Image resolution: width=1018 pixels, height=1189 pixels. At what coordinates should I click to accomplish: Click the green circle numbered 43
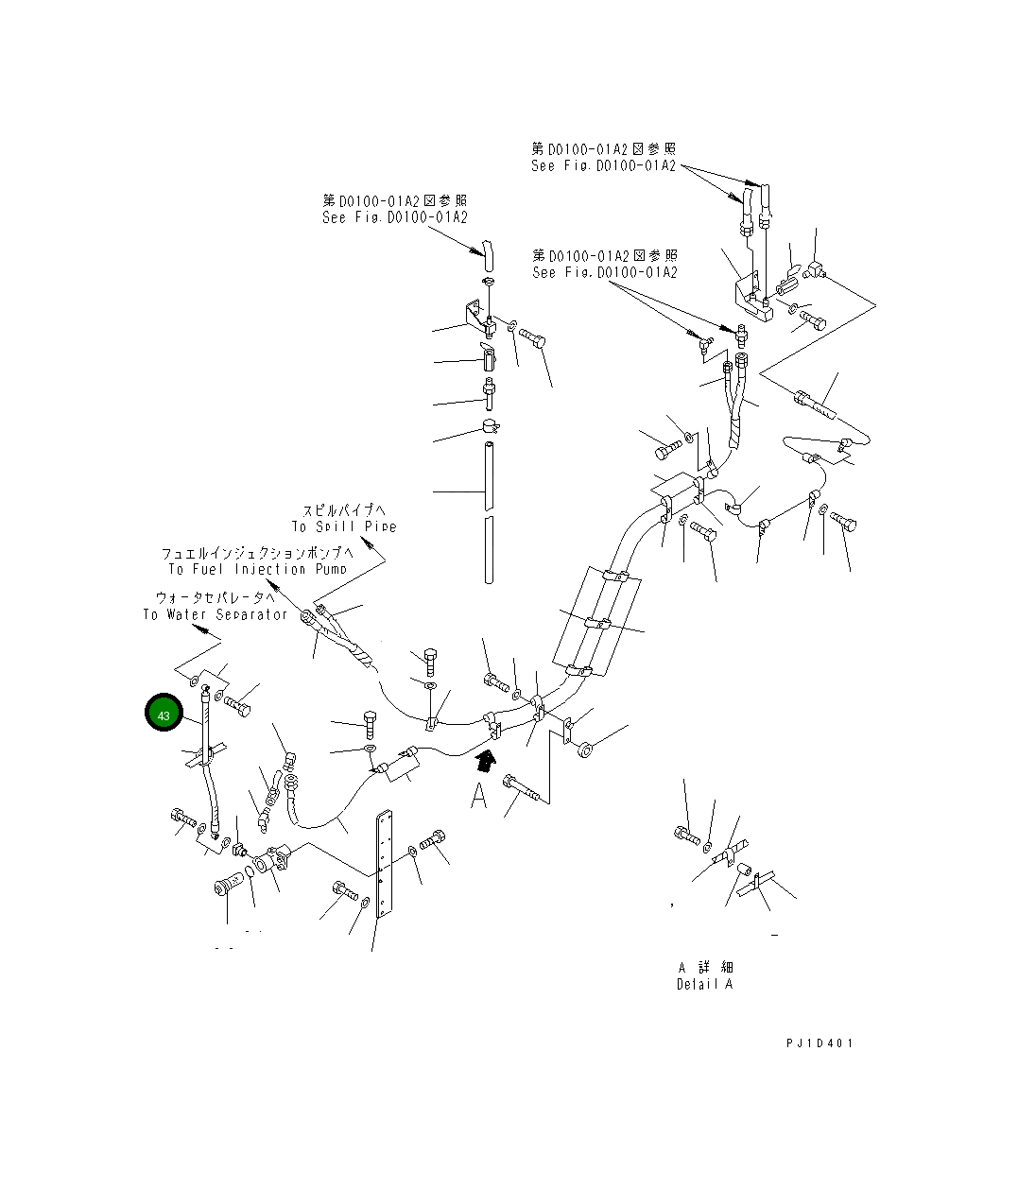(x=164, y=715)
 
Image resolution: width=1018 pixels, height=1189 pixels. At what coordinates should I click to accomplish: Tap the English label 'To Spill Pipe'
(x=344, y=526)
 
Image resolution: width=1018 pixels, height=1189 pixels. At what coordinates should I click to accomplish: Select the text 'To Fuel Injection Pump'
(x=258, y=569)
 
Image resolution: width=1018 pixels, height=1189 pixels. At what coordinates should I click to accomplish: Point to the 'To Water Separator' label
(x=216, y=614)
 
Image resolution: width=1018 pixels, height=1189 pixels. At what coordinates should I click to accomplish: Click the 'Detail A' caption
(x=704, y=984)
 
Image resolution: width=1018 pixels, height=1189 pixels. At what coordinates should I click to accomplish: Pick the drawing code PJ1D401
(x=819, y=1043)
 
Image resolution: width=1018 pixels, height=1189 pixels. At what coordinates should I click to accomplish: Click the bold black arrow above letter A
(x=485, y=759)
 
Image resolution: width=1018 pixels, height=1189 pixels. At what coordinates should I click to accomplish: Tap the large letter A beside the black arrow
(x=479, y=797)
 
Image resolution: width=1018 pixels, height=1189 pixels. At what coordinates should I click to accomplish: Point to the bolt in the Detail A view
(x=686, y=835)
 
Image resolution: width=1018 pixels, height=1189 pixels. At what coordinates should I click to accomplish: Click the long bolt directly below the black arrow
(x=526, y=787)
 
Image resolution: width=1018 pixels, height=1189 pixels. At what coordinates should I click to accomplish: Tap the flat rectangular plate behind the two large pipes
(x=595, y=619)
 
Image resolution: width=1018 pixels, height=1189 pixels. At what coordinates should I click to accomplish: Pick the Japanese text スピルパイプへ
(x=344, y=509)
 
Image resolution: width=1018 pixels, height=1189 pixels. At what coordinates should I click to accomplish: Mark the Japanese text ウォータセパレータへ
(x=216, y=597)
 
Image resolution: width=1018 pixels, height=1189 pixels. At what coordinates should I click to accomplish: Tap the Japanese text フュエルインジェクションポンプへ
(x=257, y=553)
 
